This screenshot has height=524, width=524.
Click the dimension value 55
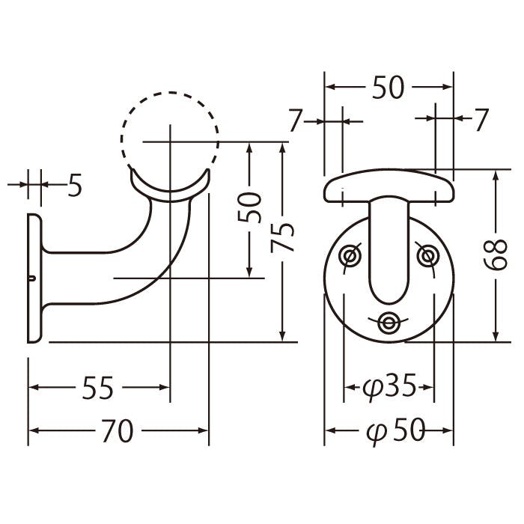[98, 388]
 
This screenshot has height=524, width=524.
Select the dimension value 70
[117, 430]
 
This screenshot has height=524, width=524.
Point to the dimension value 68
[496, 255]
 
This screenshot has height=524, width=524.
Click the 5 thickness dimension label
[75, 185]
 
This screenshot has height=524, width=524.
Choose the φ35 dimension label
[389, 387]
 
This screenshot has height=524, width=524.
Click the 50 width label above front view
[388, 88]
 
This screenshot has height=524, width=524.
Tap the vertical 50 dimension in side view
[249, 207]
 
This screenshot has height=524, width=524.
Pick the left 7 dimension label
[296, 121]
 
